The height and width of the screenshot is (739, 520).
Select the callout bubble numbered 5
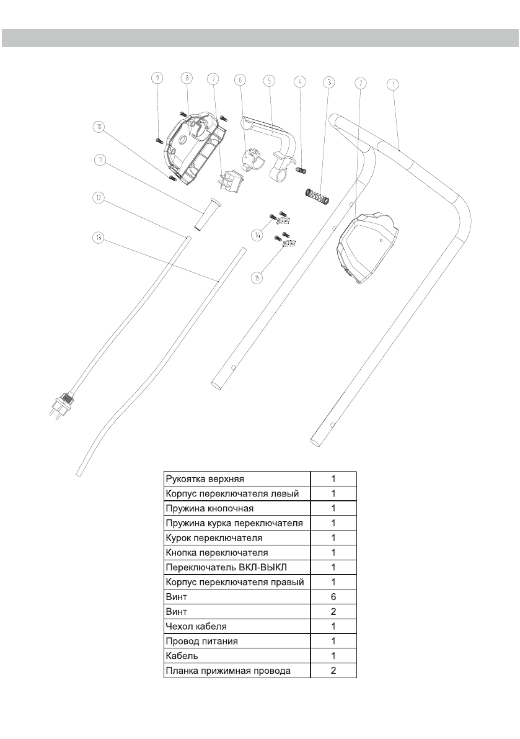pyautogui.click(x=268, y=80)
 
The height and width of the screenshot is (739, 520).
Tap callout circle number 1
pyautogui.click(x=392, y=84)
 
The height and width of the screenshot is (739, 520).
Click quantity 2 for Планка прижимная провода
pyautogui.click(x=333, y=670)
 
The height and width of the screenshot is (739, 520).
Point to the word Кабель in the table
pyautogui.click(x=181, y=655)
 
